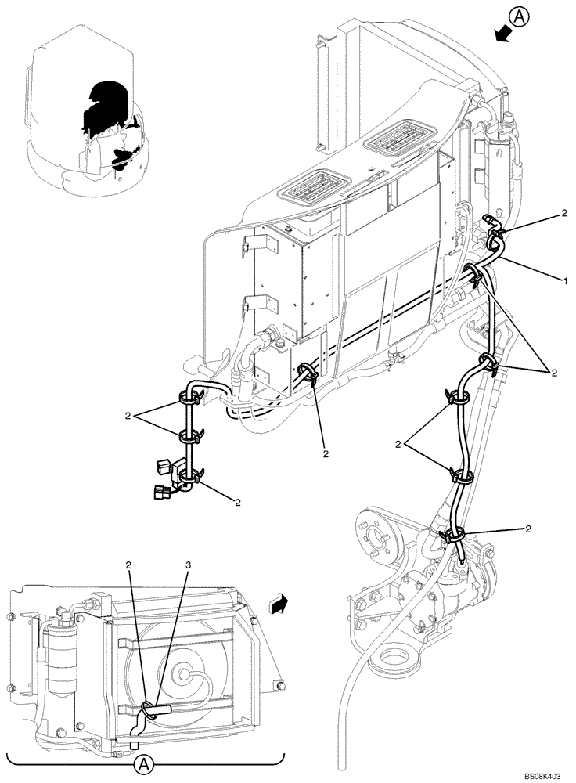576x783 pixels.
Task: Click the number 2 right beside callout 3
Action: point(130,565)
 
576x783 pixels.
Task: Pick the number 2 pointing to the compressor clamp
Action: point(529,530)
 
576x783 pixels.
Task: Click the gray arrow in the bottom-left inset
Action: point(277,603)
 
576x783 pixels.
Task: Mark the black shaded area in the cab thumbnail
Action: point(106,106)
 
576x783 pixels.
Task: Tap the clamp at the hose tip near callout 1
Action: point(496,229)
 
